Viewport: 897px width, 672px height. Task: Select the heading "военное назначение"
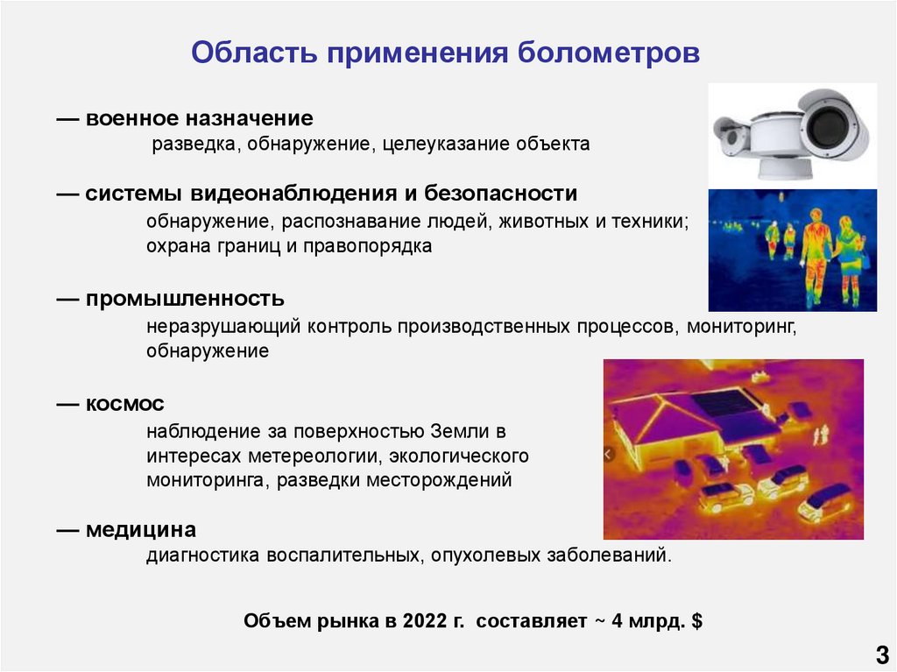click(x=199, y=117)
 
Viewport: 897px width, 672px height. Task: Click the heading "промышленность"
click(x=185, y=300)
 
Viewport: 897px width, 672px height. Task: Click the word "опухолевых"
click(x=486, y=555)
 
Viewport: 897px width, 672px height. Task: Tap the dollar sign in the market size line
click(x=696, y=622)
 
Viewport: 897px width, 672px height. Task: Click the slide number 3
click(x=880, y=653)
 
